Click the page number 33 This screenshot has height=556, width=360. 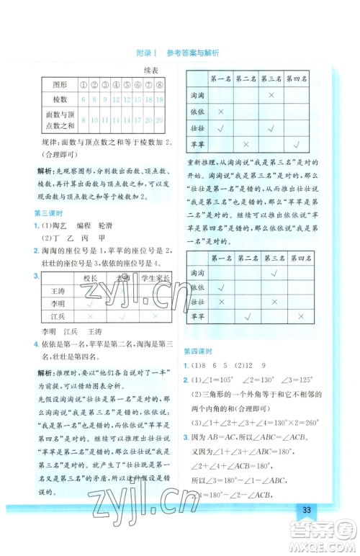[x=307, y=511]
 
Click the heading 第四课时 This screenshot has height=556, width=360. [x=198, y=351]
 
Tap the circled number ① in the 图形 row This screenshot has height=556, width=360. [x=84, y=83]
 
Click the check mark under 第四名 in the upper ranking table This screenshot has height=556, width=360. [x=297, y=144]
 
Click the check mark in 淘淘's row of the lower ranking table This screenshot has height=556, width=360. [x=271, y=273]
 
